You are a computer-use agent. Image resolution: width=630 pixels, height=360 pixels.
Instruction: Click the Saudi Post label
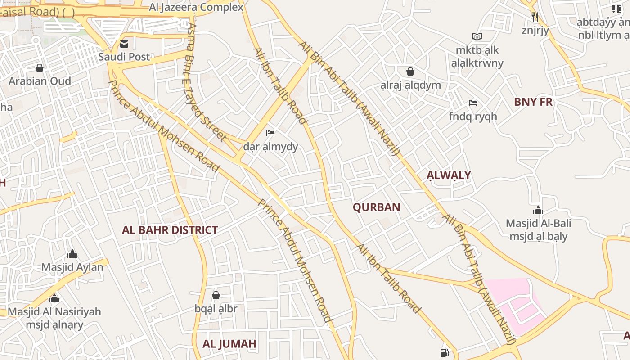[124, 57]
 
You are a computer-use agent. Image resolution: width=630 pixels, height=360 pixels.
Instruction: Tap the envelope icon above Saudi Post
[124, 44]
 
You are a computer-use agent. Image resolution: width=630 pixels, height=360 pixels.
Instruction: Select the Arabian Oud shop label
[40, 81]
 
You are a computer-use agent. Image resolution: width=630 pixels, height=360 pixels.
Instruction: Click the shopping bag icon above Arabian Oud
[40, 68]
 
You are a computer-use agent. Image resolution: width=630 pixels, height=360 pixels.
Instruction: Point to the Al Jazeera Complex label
[196, 7]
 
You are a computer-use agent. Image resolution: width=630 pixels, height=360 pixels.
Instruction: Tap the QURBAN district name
[376, 207]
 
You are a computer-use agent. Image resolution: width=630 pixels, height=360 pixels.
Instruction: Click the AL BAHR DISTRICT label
[170, 230]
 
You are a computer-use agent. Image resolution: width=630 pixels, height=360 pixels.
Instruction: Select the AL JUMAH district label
[229, 344]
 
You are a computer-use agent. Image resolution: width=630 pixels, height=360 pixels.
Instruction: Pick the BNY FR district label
[533, 102]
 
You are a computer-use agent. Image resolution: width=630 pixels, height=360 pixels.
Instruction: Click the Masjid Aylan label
[72, 267]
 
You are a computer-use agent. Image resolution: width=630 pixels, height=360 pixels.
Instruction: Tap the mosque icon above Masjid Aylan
[72, 254]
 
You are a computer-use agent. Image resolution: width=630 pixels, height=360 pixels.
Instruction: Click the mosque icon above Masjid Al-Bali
[538, 210]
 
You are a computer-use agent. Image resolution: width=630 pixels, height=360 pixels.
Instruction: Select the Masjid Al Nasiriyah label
[54, 312]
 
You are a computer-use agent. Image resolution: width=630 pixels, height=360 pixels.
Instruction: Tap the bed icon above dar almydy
[270, 133]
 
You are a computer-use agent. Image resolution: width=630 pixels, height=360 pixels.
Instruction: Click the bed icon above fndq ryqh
[473, 103]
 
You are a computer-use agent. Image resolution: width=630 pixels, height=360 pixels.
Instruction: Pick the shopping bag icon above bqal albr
[216, 295]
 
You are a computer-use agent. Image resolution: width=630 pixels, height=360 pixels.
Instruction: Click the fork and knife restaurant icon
[535, 17]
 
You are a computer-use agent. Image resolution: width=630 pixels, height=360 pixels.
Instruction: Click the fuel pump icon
[445, 353]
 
